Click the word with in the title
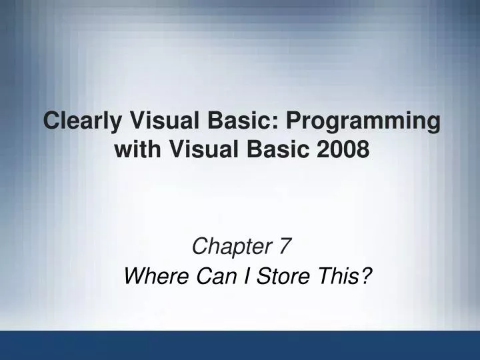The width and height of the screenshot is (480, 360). (135, 150)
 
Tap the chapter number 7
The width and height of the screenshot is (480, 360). (285, 247)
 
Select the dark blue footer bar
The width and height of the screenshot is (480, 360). (240, 345)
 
